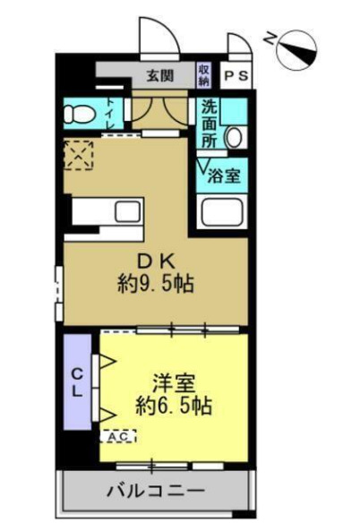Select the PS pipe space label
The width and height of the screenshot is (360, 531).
[237, 76]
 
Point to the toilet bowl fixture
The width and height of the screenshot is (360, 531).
[80, 115]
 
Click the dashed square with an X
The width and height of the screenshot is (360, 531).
[78, 155]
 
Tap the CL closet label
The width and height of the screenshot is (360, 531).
[78, 381]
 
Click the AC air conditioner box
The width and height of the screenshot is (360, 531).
[119, 436]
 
